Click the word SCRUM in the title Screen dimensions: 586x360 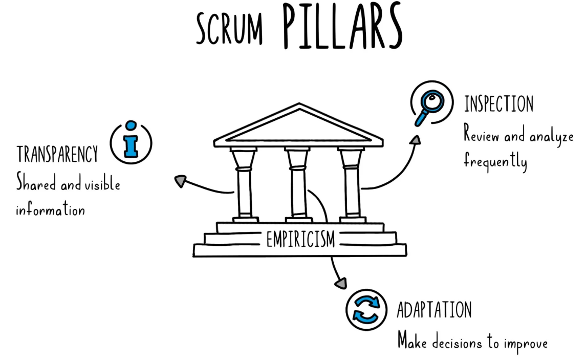point(229,29)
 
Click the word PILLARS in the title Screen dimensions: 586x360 point(342,26)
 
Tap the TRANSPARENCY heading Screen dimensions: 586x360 point(57,154)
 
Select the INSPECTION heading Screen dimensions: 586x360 point(498,104)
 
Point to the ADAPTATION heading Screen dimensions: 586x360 point(435,310)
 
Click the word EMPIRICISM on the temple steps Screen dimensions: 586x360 point(300,239)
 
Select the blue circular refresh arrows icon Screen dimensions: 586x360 point(366,309)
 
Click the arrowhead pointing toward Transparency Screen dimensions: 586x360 point(181,181)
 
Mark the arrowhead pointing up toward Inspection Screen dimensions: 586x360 point(416,140)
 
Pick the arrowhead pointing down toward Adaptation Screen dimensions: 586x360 point(341,283)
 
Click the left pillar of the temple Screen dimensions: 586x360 point(245,185)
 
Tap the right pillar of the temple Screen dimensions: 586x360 point(352,185)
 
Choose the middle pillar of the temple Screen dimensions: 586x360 point(298,185)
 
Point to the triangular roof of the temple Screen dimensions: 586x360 point(298,125)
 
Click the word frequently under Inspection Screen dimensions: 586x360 point(495,161)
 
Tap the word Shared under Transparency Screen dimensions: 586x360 point(36,183)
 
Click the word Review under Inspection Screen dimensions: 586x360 point(482,134)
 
